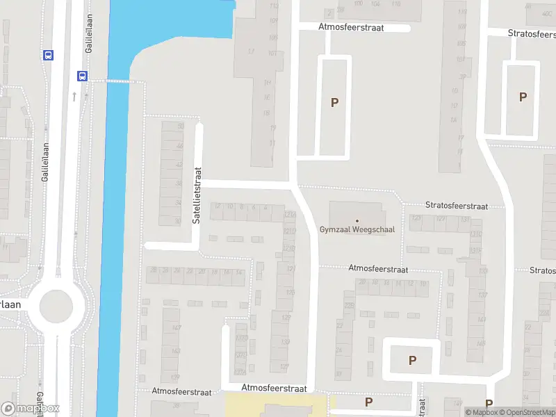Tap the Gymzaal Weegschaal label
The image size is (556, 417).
click(357, 230)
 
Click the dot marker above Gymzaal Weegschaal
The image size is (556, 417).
click(357, 220)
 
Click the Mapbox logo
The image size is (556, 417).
click(30, 409)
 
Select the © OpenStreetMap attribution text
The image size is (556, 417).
click(528, 412)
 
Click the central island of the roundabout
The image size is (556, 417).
click(56, 306)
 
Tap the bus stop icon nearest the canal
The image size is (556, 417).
click(82, 76)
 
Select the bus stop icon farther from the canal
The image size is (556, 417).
click(48, 55)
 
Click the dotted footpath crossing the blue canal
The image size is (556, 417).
click(118, 81)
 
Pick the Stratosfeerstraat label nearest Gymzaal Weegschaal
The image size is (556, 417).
click(456, 206)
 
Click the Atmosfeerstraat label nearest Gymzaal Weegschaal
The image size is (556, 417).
click(378, 268)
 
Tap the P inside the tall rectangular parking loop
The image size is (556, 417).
click(334, 102)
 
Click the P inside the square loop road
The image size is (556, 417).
click(412, 360)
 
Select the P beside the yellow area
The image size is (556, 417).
click(368, 401)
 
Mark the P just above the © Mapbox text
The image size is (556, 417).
click(489, 403)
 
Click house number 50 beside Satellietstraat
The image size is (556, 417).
click(181, 126)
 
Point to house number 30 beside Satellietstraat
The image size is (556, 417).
click(177, 220)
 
